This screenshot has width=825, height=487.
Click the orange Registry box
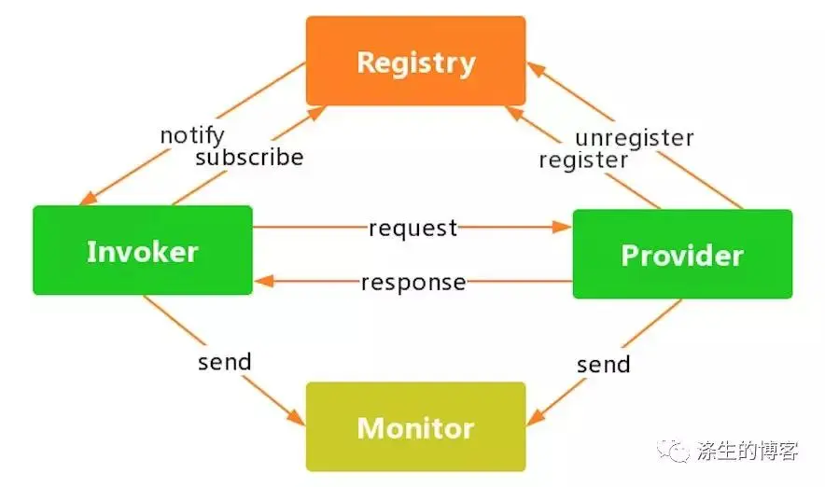[415, 61]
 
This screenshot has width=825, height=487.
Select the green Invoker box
[143, 250]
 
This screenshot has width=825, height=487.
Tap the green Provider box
[682, 254]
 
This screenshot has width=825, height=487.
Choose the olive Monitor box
[415, 426]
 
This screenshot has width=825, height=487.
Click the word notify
[192, 135]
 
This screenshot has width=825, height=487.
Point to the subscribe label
[249, 158]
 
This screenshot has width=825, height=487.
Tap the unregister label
[635, 138]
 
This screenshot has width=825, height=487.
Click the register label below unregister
[583, 160]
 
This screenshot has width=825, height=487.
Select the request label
[413, 229]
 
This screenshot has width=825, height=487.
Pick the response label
[413, 283]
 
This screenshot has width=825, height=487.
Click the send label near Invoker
[225, 362]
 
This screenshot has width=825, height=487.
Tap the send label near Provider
[604, 365]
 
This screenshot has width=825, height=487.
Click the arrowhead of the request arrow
[563, 228]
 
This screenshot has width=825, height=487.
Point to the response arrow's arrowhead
[264, 282]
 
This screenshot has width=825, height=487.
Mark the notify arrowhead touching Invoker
[88, 199]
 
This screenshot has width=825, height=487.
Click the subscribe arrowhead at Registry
[317, 112]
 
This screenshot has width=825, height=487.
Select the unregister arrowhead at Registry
[536, 69]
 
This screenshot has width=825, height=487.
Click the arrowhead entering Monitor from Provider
[535, 418]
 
